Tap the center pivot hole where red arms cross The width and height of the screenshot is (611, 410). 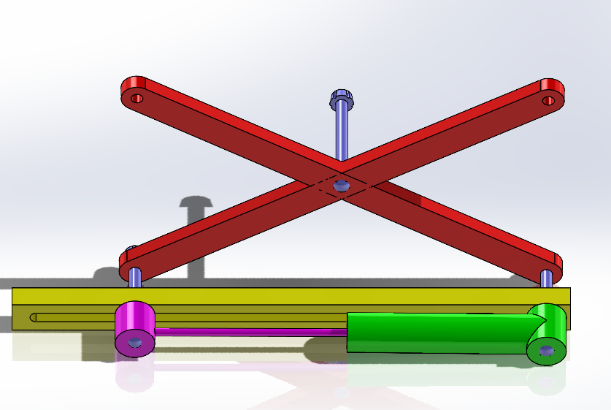(340, 186)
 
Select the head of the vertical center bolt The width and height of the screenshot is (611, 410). (341, 97)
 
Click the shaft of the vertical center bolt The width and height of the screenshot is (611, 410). (342, 135)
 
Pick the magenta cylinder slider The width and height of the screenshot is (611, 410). (136, 321)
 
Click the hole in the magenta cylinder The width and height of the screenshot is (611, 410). (135, 342)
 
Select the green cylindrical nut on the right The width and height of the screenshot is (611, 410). (547, 333)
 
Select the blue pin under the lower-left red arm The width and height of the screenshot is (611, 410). (136, 278)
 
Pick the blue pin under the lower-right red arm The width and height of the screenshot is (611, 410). (547, 278)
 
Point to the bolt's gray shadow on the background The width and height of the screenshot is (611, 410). (195, 234)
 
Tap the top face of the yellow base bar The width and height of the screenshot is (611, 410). (292, 296)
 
